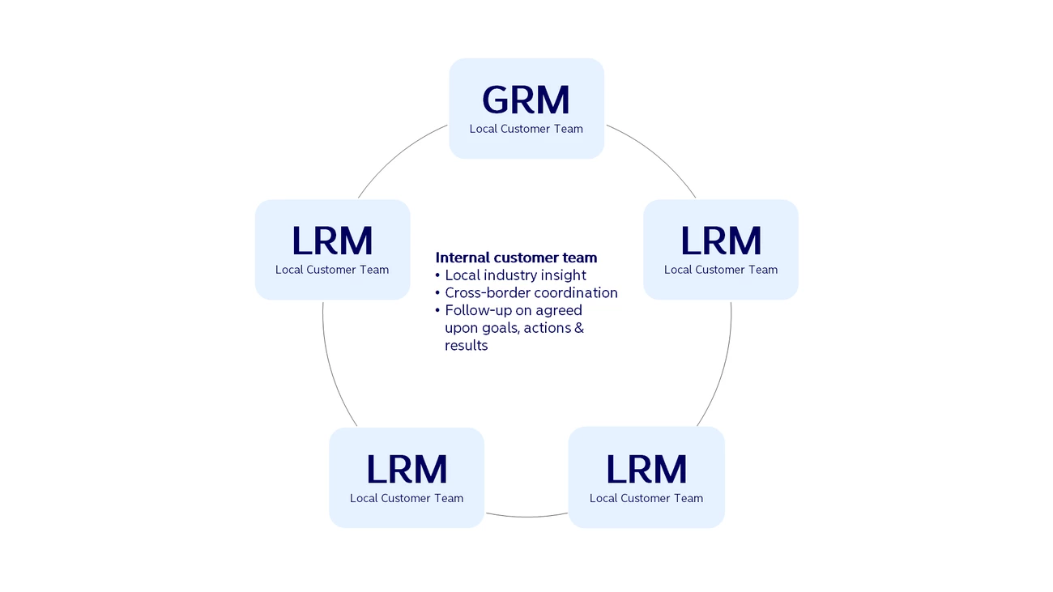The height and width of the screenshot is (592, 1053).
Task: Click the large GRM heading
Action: click(x=526, y=100)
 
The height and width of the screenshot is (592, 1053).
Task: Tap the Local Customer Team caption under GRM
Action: click(x=526, y=129)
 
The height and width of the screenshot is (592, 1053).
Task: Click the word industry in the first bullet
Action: click(x=510, y=275)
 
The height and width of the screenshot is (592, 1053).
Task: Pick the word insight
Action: click(x=563, y=276)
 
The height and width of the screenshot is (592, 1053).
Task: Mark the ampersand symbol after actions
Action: click(x=579, y=327)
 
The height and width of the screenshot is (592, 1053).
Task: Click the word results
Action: click(x=467, y=346)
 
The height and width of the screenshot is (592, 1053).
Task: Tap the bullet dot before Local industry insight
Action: click(x=437, y=275)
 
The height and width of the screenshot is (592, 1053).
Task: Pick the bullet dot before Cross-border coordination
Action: click(x=437, y=293)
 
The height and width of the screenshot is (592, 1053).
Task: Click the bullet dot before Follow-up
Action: click(x=437, y=310)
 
